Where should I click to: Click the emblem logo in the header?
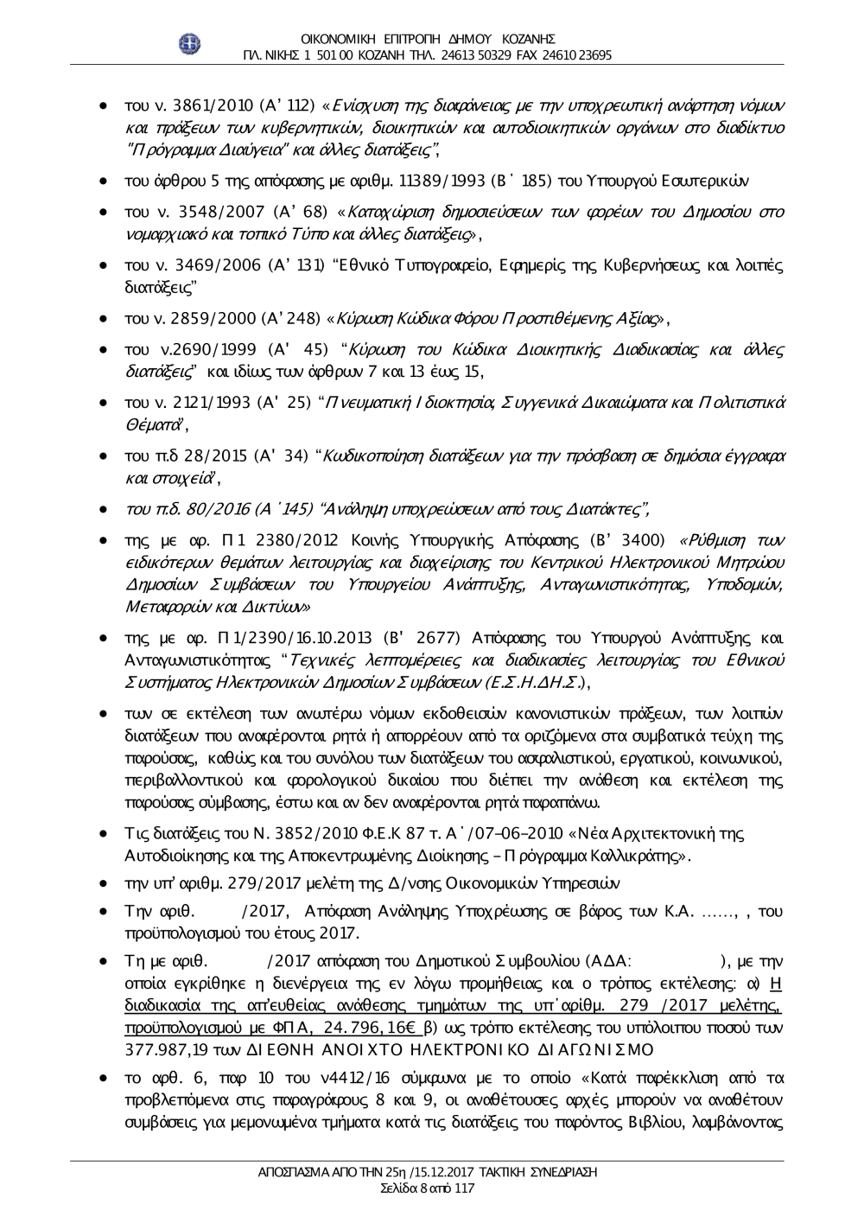point(190,44)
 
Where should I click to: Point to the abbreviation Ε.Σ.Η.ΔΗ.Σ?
point(544,678)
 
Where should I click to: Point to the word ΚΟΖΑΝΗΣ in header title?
point(527,39)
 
